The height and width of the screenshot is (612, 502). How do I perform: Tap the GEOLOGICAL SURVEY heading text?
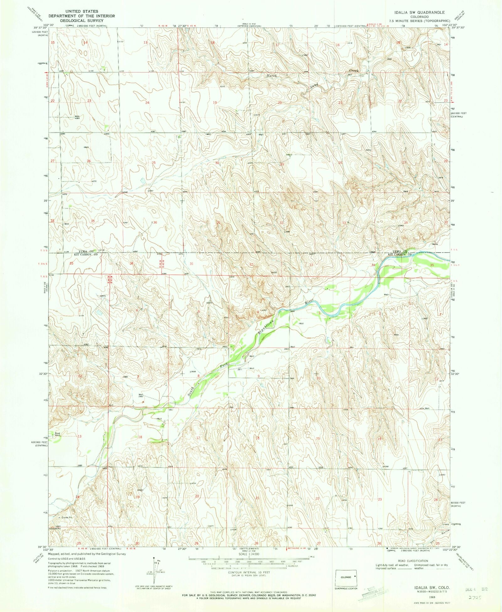(x=82, y=20)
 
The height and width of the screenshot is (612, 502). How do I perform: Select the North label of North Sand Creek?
(x=272, y=76)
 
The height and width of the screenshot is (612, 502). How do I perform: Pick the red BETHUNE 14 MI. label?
(x=297, y=548)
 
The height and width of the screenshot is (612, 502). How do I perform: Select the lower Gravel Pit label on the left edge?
(x=55, y=528)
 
